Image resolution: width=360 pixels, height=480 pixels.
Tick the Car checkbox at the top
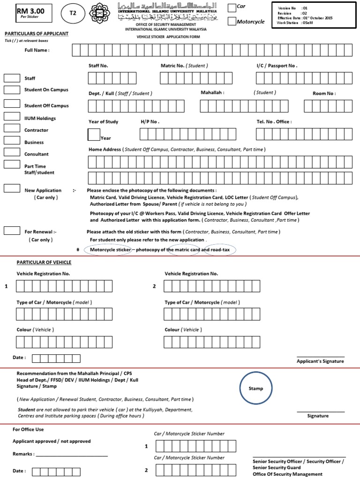232,7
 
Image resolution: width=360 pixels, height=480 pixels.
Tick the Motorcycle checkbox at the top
232,21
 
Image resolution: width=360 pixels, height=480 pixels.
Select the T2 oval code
73,14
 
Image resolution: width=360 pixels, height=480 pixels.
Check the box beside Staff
12,78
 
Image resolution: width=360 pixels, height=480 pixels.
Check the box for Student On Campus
12,90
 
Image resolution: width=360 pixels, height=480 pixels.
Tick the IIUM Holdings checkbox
12,117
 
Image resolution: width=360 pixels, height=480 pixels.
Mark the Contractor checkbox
12,128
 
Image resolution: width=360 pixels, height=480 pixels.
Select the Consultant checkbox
12,152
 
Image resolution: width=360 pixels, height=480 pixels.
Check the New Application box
12,188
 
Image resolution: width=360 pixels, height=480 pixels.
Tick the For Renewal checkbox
12,230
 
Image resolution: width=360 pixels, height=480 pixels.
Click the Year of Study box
94,135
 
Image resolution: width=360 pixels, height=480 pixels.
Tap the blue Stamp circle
256,388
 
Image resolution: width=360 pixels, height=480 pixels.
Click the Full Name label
37,50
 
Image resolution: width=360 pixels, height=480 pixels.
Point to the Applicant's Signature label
320,361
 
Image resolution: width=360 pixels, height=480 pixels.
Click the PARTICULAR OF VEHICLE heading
44,262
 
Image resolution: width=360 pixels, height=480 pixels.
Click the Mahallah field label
212,93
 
